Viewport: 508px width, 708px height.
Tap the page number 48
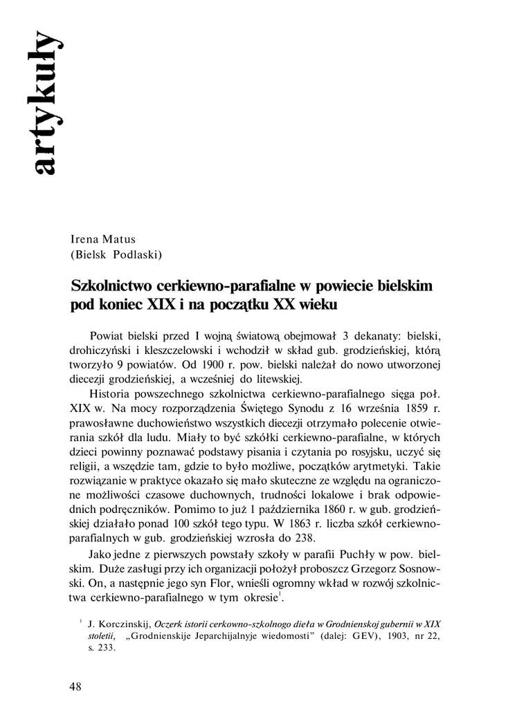[x=76, y=686]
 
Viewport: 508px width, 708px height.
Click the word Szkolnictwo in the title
[x=112, y=286]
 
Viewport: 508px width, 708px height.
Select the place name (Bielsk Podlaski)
[x=116, y=254]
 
